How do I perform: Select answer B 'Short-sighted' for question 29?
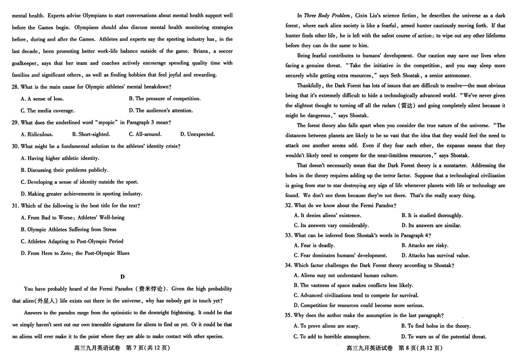point(91,134)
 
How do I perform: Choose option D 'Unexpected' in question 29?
point(197,134)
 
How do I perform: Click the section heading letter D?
point(122,277)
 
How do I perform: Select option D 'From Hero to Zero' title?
point(75,253)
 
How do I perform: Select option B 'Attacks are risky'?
point(425,246)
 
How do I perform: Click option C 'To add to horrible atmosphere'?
point(332,337)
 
